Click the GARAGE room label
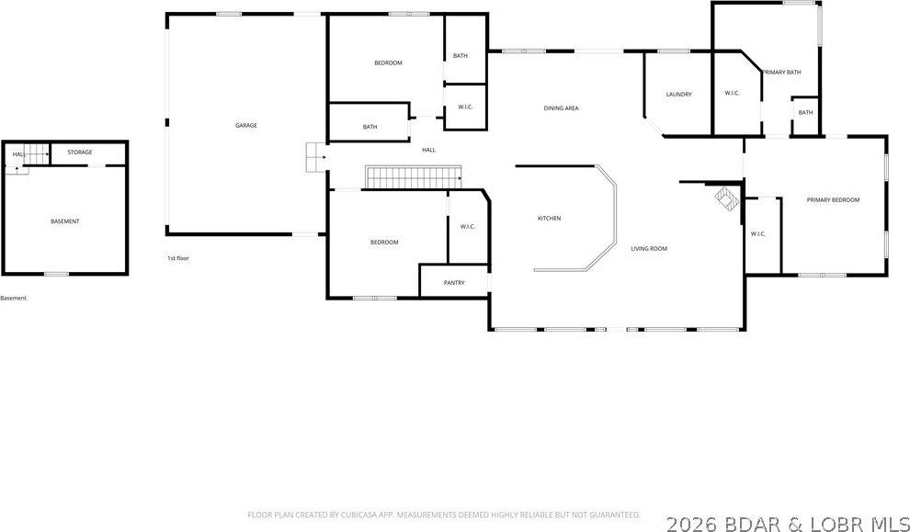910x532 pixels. [x=245, y=125]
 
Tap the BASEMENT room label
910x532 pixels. [x=64, y=221]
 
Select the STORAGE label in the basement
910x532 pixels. [x=79, y=152]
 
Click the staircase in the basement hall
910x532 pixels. [x=34, y=154]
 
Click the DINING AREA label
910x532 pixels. [x=561, y=108]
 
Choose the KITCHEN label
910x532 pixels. [x=549, y=218]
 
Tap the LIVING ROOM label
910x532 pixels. [x=648, y=249]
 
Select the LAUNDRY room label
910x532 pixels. [x=678, y=95]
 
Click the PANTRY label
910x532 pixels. [x=454, y=283]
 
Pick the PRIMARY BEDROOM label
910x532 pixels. [x=833, y=199]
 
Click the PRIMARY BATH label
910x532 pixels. [x=781, y=72]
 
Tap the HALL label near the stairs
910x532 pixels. [x=428, y=150]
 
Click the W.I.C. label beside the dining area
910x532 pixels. [x=465, y=108]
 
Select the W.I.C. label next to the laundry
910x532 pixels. [x=733, y=93]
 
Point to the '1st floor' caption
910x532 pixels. [x=177, y=258]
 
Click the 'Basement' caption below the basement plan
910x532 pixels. [x=14, y=298]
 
